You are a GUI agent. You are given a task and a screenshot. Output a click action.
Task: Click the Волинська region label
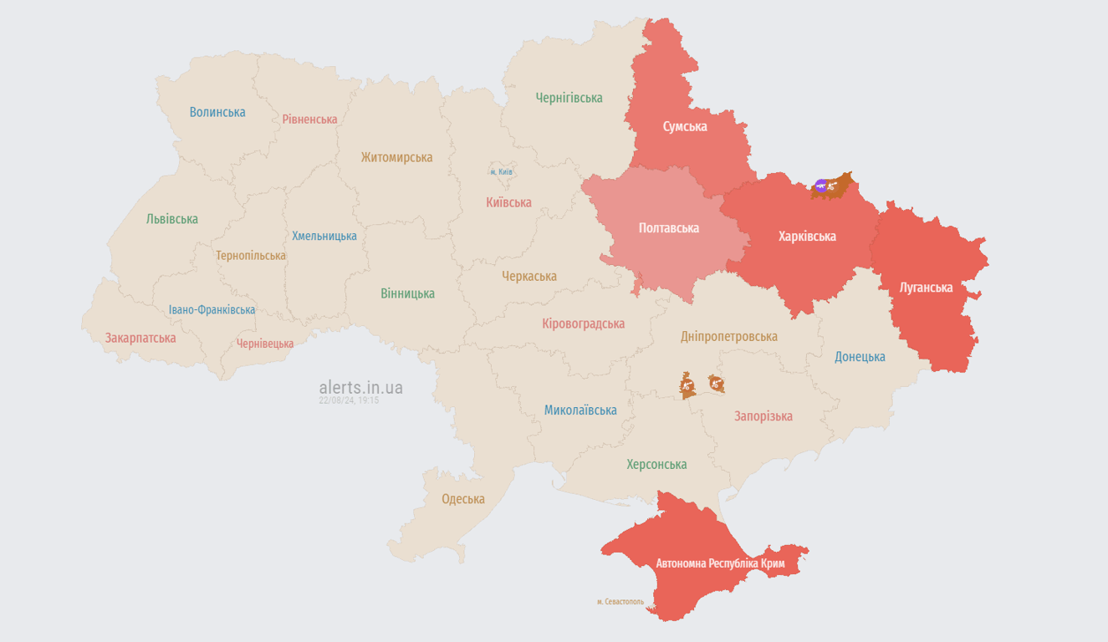point(217,112)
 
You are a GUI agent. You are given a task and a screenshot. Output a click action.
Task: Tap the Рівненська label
point(309,120)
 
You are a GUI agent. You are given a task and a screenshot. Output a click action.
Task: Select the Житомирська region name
point(396,157)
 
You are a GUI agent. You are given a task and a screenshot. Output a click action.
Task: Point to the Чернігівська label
point(569,98)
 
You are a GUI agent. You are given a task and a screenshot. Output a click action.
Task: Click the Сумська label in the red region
point(684,127)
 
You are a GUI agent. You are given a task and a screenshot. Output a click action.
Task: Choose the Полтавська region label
point(668,228)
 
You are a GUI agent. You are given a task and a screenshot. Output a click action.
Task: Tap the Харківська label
point(807,237)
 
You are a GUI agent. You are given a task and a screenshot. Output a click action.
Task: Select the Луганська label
point(926,288)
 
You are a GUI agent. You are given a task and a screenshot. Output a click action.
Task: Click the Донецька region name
point(860,357)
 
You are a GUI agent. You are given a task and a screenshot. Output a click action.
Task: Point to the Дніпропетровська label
point(728,336)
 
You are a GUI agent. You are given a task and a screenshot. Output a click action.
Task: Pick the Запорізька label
point(763,416)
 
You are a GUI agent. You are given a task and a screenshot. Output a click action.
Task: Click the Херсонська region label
point(656,465)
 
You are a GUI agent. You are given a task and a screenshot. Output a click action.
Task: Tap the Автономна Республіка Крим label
point(720,563)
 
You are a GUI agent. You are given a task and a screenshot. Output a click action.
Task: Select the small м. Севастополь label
point(620,602)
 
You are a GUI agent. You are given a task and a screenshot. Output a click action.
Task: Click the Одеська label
point(463,499)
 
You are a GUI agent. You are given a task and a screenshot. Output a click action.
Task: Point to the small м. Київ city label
point(501,172)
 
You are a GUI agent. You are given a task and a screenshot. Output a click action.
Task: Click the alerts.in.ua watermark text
point(360,388)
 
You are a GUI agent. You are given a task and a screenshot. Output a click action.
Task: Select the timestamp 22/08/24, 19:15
point(349,401)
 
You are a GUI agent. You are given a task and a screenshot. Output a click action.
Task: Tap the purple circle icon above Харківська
point(820,186)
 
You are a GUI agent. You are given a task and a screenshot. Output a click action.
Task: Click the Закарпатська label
point(140,339)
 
